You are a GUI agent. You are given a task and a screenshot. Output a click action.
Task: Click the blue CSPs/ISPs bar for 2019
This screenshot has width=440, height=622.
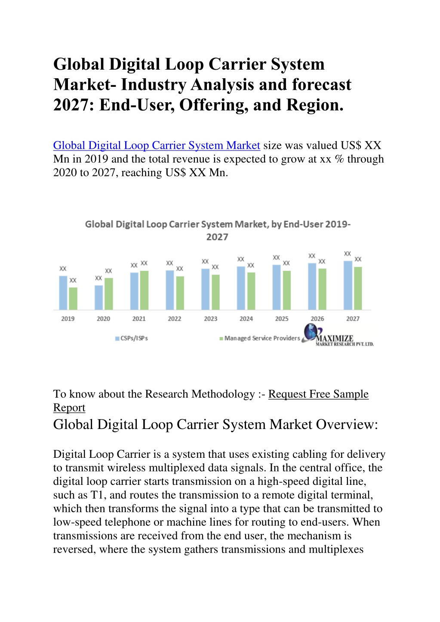tap(63, 293)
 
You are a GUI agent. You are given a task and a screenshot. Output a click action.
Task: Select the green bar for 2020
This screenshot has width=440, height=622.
tap(109, 294)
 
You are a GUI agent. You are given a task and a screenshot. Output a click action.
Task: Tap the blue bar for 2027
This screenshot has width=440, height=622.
tap(348, 285)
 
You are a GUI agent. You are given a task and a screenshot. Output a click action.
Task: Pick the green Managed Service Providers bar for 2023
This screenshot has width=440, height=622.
tap(215, 292)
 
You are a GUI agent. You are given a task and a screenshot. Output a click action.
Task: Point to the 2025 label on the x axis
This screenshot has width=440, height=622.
tap(282, 319)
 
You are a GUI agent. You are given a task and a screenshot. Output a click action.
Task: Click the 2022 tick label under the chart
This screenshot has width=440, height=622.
tap(175, 319)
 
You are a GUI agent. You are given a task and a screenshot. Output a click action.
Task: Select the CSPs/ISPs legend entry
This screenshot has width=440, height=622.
tap(132, 338)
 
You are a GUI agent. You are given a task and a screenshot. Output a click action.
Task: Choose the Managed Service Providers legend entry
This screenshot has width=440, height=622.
tap(260, 338)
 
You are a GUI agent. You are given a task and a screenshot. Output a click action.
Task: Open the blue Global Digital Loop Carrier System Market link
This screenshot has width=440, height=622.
tap(157, 145)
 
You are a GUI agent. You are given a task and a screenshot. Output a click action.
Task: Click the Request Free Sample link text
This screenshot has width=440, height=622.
tap(318, 394)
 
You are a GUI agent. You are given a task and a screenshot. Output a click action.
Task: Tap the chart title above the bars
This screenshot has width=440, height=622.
tap(218, 230)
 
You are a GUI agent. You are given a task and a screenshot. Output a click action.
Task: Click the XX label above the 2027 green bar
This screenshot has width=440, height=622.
tap(358, 259)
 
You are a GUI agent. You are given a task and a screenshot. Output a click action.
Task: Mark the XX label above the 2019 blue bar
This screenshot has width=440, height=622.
tap(63, 269)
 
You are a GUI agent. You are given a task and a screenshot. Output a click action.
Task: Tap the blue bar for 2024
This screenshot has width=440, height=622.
tap(241, 288)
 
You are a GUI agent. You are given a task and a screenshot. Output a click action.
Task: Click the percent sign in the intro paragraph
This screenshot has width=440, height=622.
tap(339, 159)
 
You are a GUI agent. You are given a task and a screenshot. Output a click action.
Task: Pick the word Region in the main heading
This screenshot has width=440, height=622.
tap(315, 105)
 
